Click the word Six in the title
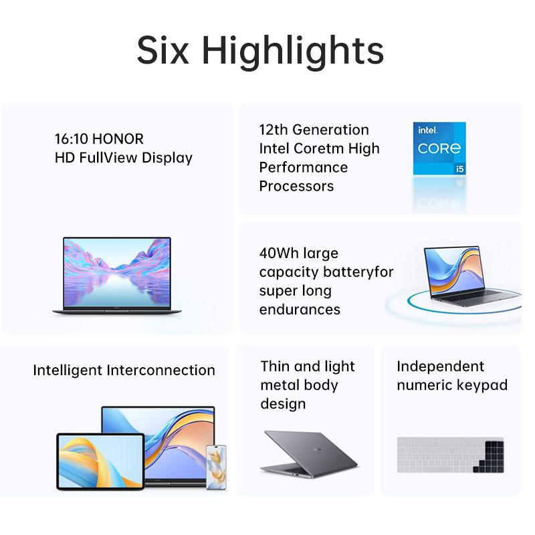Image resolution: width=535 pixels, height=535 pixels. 163,50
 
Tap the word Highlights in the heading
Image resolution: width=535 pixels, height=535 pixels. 293,52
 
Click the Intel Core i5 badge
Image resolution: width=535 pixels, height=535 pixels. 439,148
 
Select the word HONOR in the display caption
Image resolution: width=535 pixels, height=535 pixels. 118,139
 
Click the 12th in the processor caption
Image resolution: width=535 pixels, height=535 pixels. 274,130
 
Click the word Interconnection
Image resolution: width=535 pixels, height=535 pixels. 160,370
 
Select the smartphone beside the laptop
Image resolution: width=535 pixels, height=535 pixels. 216,467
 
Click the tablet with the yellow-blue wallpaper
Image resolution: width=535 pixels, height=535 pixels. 100,461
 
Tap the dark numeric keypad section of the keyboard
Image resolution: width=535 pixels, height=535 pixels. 489,457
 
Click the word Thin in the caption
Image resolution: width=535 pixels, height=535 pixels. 276,366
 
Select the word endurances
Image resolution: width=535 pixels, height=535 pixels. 300,310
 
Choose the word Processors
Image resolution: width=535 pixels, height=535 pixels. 296,187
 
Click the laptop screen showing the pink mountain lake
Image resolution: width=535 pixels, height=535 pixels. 117,272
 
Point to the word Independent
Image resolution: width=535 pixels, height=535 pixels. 440,366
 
